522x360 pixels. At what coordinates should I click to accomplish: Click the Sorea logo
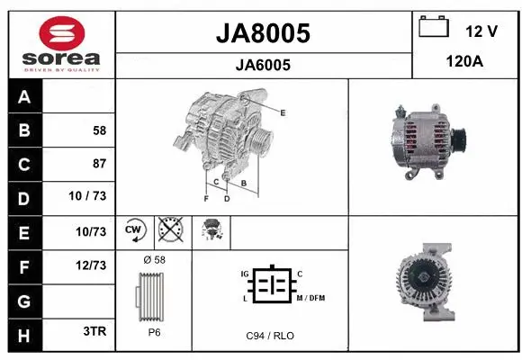click(61, 42)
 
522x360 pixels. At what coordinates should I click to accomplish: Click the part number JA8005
click(265, 33)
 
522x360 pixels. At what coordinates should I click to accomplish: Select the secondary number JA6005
click(264, 65)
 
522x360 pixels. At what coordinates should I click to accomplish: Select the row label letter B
click(24, 130)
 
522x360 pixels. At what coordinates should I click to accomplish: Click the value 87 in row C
click(99, 164)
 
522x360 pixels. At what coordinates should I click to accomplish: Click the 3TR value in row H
click(94, 330)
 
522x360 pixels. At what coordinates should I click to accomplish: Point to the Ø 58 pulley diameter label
click(154, 259)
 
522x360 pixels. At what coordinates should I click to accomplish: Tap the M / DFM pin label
click(311, 298)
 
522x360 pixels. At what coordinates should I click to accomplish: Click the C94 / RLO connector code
click(270, 335)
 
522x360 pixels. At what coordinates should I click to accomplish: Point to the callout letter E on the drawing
click(283, 112)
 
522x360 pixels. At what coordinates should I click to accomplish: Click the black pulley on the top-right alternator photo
click(457, 138)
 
